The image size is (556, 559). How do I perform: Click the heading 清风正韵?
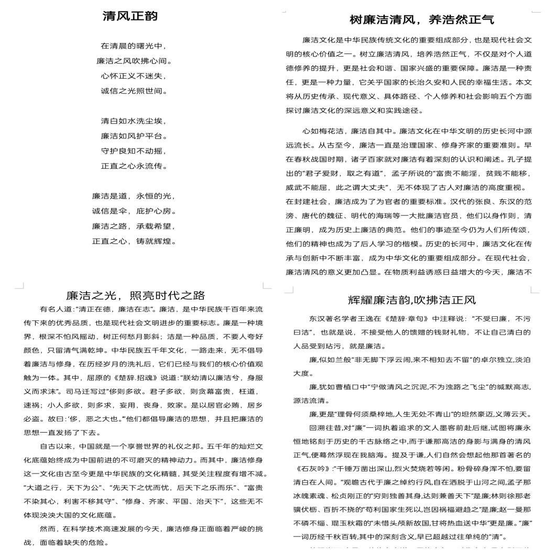pos(130,17)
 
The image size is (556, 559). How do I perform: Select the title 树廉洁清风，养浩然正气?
pos(422,20)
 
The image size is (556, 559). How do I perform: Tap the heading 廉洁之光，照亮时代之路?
pos(135,295)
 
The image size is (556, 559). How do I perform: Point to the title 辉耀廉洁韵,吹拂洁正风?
pos(412,300)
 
